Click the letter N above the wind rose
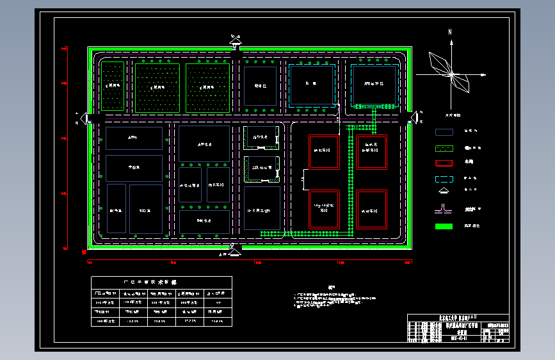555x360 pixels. tap(451, 31)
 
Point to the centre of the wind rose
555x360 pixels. tap(452, 75)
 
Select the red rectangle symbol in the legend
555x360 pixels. tap(444, 163)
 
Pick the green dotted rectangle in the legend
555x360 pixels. tap(444, 148)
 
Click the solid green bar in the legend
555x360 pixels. tap(444, 226)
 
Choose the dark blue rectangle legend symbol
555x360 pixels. tap(444, 132)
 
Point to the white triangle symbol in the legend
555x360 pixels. tap(444, 193)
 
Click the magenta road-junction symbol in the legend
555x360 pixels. tap(444, 209)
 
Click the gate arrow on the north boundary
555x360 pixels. tap(236, 44)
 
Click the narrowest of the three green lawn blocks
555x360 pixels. tap(113, 86)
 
